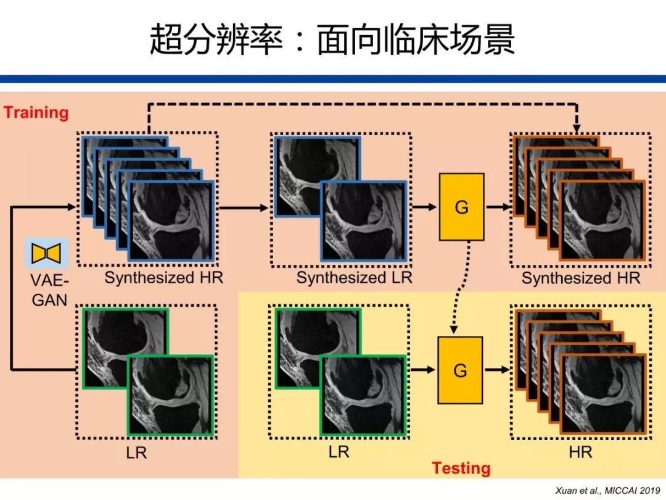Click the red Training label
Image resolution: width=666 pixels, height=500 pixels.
(x=36, y=112)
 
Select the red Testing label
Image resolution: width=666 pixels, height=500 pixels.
(x=461, y=469)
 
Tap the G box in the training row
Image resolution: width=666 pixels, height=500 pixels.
(x=461, y=207)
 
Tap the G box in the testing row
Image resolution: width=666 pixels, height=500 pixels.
(x=460, y=370)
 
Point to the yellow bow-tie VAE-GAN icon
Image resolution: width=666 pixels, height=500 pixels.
(x=46, y=253)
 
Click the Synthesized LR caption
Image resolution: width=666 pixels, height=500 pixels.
(x=354, y=278)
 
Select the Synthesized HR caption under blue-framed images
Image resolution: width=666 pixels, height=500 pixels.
(x=163, y=278)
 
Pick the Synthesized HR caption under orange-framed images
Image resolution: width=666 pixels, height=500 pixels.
(x=581, y=278)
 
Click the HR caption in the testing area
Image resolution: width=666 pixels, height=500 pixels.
(x=580, y=452)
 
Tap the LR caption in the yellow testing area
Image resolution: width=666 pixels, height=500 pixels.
(x=339, y=452)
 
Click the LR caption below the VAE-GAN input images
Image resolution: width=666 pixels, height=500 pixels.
(x=136, y=452)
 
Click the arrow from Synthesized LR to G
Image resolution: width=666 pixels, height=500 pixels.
(x=424, y=207)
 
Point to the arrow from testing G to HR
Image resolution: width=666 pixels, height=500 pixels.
(x=497, y=370)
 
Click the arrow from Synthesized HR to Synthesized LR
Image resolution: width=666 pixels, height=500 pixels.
(x=243, y=207)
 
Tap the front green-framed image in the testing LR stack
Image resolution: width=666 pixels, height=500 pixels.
(x=362, y=395)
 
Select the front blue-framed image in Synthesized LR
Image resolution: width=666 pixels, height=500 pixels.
(x=363, y=221)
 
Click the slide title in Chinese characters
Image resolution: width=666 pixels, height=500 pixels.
(x=332, y=41)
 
